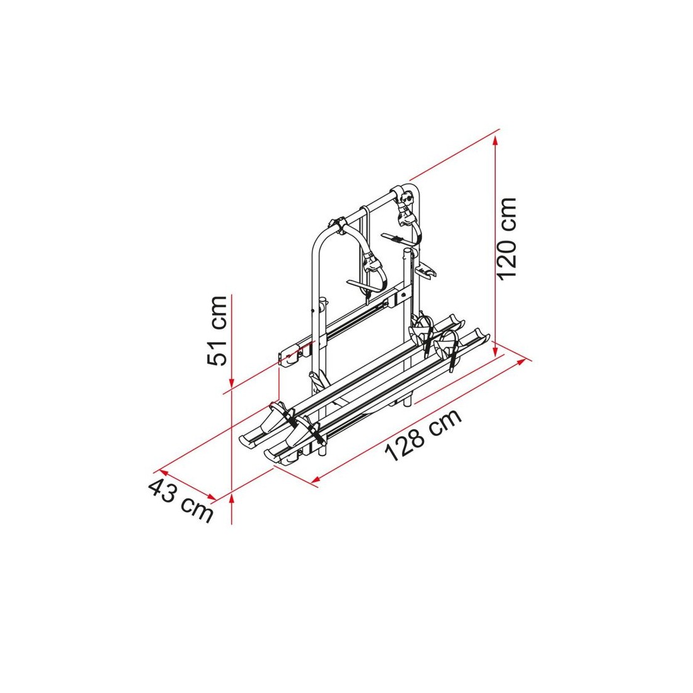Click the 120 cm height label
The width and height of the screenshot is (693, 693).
[x=507, y=239]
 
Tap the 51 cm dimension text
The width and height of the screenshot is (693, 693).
[x=217, y=331]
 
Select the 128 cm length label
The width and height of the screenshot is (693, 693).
[x=423, y=435]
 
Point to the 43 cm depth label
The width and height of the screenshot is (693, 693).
[x=181, y=500]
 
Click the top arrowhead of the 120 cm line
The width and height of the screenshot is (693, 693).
[x=495, y=140]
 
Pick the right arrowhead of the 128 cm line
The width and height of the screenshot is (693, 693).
[x=522, y=362]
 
